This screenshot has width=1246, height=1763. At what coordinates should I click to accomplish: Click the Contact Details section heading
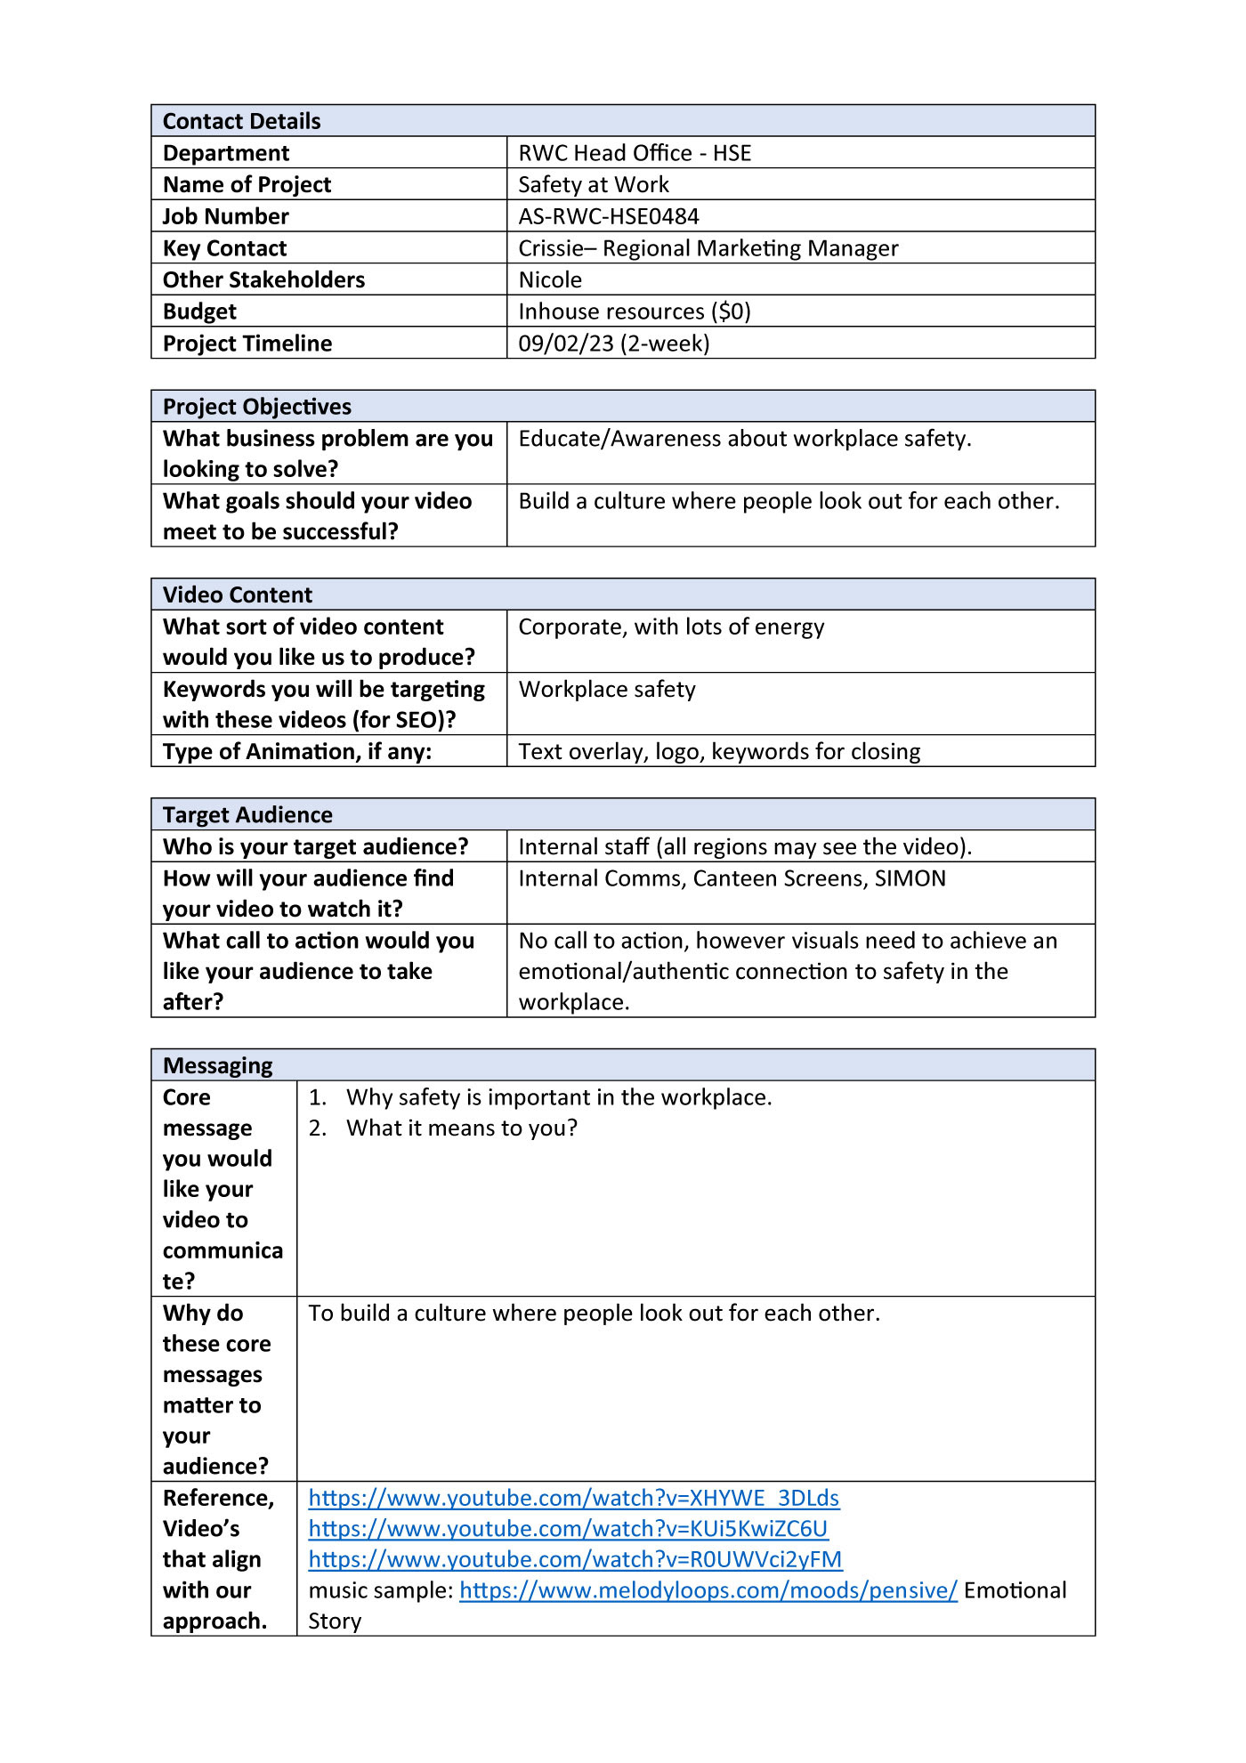click(x=241, y=121)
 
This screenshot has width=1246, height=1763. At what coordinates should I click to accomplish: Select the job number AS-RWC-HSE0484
click(x=609, y=216)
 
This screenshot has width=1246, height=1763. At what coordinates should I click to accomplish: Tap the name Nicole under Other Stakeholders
click(x=550, y=279)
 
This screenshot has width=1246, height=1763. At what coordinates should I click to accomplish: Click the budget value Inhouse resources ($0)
click(x=635, y=311)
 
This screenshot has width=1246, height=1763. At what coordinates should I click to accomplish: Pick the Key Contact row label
click(x=224, y=248)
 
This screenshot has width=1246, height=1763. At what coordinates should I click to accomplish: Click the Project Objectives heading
click(x=256, y=407)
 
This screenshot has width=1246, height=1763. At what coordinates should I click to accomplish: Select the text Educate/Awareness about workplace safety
click(x=744, y=439)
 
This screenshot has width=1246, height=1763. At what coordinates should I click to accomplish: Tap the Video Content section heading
click(x=238, y=594)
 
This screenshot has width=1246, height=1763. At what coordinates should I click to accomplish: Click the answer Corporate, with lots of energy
click(x=671, y=627)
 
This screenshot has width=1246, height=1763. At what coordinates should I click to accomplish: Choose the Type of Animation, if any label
click(x=297, y=752)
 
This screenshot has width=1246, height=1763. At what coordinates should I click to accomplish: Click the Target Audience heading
click(x=247, y=814)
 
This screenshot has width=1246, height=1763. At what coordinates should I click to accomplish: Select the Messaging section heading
click(x=218, y=1065)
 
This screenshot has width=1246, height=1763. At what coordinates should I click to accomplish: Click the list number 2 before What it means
click(x=317, y=1128)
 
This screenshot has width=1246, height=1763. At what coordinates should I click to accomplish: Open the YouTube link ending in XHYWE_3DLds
click(x=574, y=1498)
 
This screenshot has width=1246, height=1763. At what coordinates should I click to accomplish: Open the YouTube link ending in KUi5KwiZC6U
click(x=568, y=1529)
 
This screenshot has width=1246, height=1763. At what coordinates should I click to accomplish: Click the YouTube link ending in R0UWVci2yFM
click(x=575, y=1559)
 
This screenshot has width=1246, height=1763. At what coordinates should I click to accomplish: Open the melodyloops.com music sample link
click(x=708, y=1590)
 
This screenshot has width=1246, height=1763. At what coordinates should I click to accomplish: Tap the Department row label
click(x=226, y=153)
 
